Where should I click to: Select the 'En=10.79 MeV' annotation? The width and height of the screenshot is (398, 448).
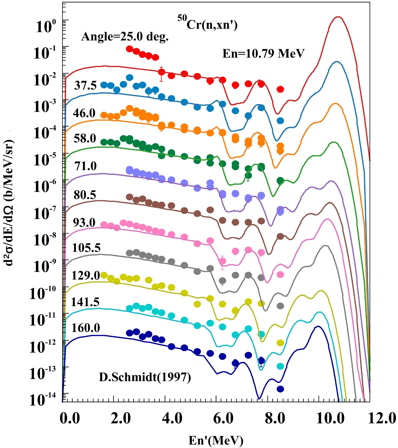(x=263, y=54)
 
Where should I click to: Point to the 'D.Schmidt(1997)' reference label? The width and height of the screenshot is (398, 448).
(x=145, y=377)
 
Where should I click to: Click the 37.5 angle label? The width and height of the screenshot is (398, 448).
(x=85, y=85)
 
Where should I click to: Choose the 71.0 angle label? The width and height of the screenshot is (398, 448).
(x=85, y=166)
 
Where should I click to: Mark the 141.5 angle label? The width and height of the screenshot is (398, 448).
(x=85, y=302)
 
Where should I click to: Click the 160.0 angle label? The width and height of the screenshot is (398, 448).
(x=86, y=328)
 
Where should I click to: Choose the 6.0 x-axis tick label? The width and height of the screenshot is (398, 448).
(x=224, y=419)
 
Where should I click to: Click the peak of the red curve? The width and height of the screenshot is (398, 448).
(x=337, y=17)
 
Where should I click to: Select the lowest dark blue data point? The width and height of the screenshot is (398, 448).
(x=280, y=389)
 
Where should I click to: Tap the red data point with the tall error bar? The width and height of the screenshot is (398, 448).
(x=161, y=72)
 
